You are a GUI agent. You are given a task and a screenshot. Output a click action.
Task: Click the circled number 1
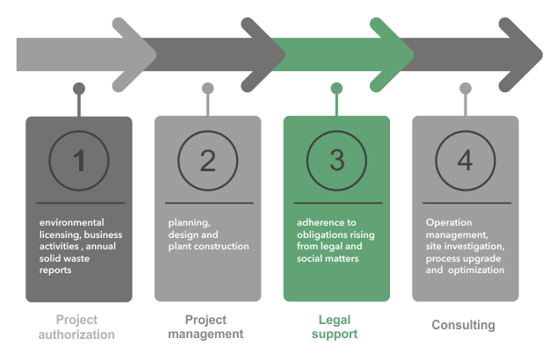[x=79, y=161]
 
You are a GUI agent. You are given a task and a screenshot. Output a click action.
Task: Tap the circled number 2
[x=208, y=161]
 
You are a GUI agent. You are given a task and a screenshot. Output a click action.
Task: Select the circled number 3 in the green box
[x=337, y=161]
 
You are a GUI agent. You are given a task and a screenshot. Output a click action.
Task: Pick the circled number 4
[x=466, y=161]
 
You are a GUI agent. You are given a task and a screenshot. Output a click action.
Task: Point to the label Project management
[x=207, y=327]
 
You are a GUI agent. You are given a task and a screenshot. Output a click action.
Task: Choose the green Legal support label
[x=336, y=327]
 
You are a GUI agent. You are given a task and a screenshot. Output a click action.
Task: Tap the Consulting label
[x=463, y=326]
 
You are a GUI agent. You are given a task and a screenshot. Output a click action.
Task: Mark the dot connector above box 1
[x=79, y=88]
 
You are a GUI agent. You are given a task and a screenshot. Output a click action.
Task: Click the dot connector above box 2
[x=208, y=88]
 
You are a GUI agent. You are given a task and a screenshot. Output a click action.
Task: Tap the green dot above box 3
[x=336, y=88]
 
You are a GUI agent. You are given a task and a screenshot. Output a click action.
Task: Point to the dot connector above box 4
[x=466, y=88]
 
